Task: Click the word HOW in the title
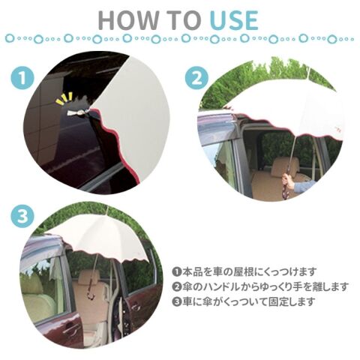click(x=128, y=20)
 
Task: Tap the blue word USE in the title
click(x=234, y=20)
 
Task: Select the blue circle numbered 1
click(x=22, y=78)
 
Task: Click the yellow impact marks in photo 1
click(x=64, y=99)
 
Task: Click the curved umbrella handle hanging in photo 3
click(x=91, y=292)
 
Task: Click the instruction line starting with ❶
click(x=244, y=271)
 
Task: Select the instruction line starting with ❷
click(x=260, y=286)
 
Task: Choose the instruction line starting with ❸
click(x=244, y=301)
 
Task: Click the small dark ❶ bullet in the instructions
click(x=177, y=271)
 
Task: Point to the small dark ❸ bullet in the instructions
click(x=177, y=301)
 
